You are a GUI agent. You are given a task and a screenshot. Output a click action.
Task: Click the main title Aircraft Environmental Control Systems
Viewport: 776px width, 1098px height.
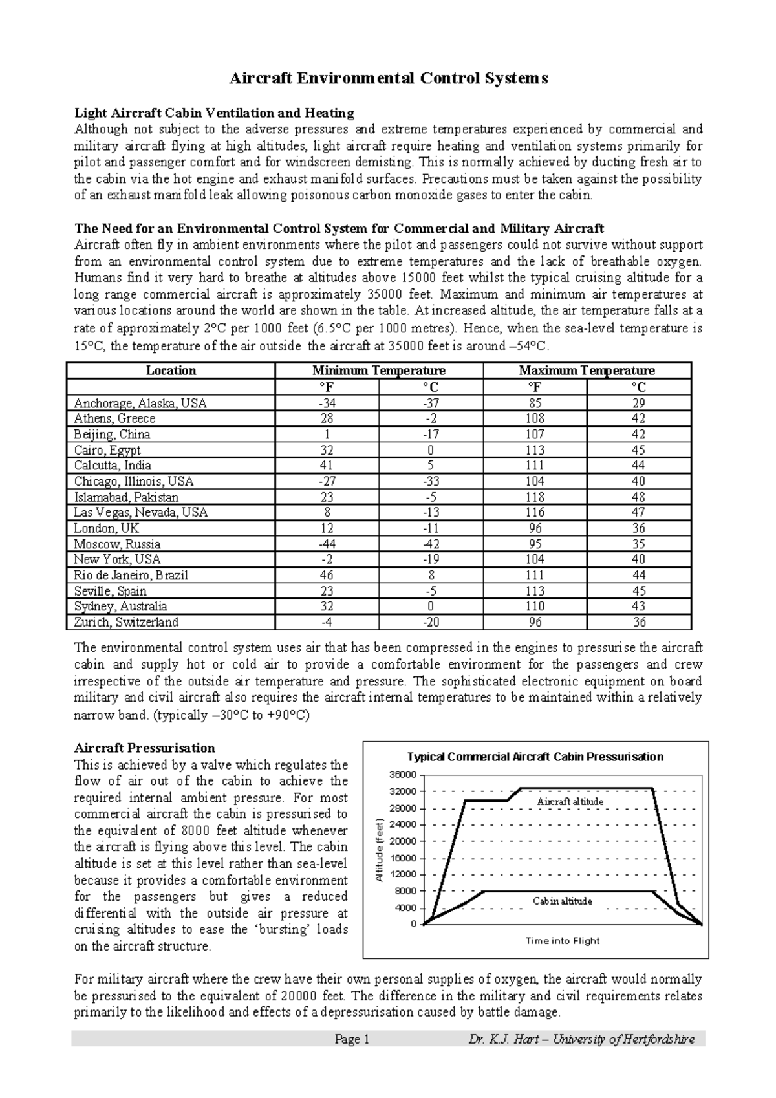pyautogui.click(x=389, y=79)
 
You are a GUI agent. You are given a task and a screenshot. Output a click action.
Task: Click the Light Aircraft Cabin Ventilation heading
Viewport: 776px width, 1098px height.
pyautogui.click(x=214, y=113)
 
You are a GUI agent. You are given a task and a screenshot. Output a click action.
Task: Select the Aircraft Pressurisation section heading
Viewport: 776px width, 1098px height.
pyautogui.click(x=144, y=748)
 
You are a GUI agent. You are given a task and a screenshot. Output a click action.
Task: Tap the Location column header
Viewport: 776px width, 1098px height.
pyautogui.click(x=171, y=371)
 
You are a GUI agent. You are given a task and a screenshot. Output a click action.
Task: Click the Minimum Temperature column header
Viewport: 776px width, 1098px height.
pyautogui.click(x=378, y=371)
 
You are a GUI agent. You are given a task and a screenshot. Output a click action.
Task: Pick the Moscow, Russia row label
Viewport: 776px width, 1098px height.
pyautogui.click(x=117, y=544)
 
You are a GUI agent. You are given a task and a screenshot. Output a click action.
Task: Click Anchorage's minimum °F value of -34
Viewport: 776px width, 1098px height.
pyautogui.click(x=327, y=403)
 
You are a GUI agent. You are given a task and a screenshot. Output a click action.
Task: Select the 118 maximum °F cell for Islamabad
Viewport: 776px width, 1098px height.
pyautogui.click(x=535, y=497)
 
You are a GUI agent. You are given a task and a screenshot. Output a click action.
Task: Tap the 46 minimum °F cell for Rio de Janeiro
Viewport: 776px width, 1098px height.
pyautogui.click(x=327, y=575)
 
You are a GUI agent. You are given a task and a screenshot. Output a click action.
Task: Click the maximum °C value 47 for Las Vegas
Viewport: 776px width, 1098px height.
pyautogui.click(x=639, y=513)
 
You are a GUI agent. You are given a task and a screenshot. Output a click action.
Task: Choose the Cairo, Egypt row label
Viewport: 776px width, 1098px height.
pyautogui.click(x=107, y=450)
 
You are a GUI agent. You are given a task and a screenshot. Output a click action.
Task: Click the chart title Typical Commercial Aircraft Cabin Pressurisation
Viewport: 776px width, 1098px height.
pyautogui.click(x=535, y=757)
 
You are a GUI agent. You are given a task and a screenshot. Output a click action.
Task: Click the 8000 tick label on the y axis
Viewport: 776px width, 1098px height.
pyautogui.click(x=406, y=891)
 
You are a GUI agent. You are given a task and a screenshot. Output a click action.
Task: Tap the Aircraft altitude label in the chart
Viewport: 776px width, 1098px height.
pyautogui.click(x=570, y=802)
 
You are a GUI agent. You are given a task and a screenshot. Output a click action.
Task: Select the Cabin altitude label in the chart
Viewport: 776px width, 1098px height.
pyautogui.click(x=562, y=901)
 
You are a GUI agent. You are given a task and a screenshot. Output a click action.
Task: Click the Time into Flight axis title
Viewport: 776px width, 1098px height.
pyautogui.click(x=562, y=941)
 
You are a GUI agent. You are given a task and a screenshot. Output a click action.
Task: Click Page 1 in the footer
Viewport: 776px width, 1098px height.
pyautogui.click(x=351, y=1040)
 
